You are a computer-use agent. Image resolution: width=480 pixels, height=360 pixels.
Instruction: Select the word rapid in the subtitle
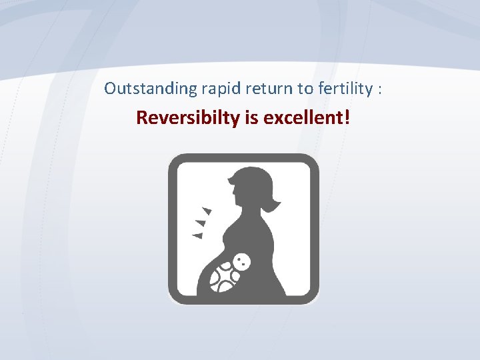(x=199, y=89)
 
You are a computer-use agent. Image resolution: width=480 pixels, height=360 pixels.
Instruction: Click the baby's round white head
(x=243, y=262)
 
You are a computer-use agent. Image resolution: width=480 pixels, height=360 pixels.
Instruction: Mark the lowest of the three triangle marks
(x=197, y=235)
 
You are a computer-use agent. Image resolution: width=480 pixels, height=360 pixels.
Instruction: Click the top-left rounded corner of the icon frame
(x=175, y=161)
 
